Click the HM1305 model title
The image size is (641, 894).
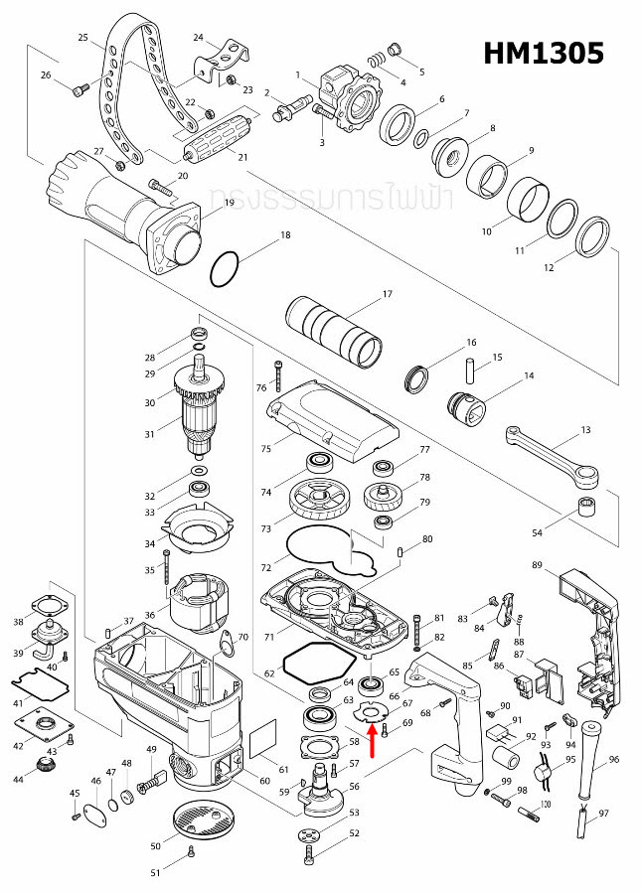tap(543, 54)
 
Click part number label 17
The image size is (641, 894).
tap(388, 294)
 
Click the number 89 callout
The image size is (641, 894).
tap(537, 565)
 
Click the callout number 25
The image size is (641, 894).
tap(83, 38)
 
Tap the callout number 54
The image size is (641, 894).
tap(538, 534)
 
